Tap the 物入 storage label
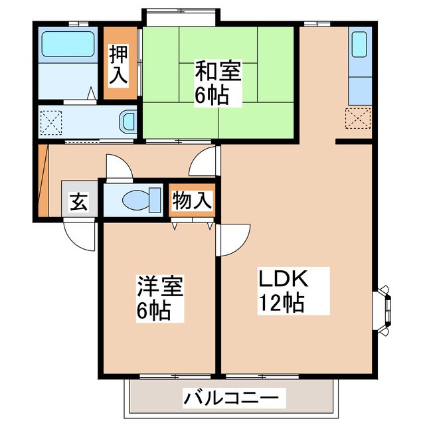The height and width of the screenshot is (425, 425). (192, 200)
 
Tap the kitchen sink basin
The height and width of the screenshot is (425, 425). (359, 44)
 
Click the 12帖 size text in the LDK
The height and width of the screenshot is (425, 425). (282, 303)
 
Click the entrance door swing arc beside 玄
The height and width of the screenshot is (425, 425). (80, 236)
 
